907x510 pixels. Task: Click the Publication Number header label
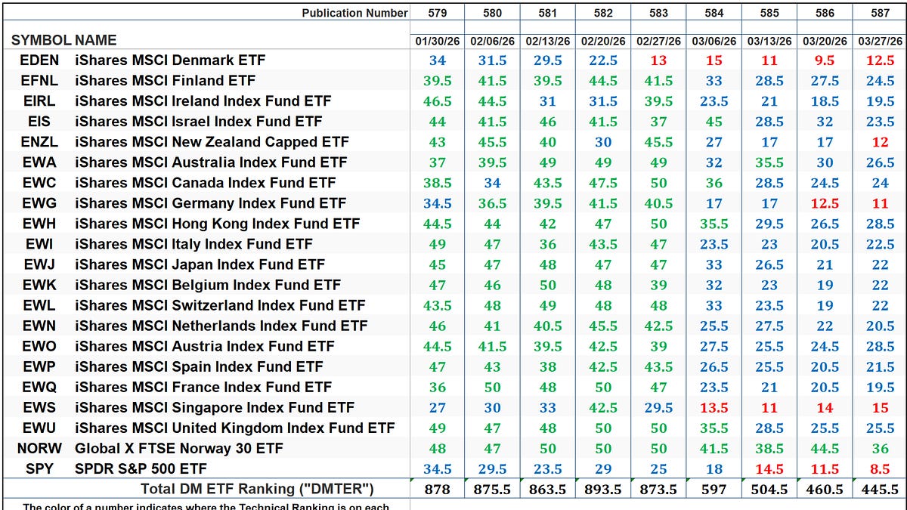(355, 13)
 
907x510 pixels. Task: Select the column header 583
(658, 13)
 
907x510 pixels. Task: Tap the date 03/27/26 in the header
(880, 41)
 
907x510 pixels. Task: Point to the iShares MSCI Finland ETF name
(165, 81)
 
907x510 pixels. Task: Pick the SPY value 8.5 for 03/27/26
(880, 468)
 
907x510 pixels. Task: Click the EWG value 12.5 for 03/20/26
(825, 203)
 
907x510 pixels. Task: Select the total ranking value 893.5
(603, 490)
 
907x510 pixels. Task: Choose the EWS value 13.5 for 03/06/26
(714, 407)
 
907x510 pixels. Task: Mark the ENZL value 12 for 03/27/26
(880, 142)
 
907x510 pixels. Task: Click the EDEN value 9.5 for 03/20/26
(825, 60)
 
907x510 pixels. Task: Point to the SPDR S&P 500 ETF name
(141, 468)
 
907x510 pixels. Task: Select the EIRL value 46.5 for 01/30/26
(437, 101)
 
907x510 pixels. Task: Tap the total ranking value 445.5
(880, 490)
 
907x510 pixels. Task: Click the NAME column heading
(96, 41)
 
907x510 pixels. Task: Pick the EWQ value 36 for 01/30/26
(437, 387)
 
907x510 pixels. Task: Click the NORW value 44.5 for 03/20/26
(825, 448)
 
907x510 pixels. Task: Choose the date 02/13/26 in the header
(548, 41)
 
